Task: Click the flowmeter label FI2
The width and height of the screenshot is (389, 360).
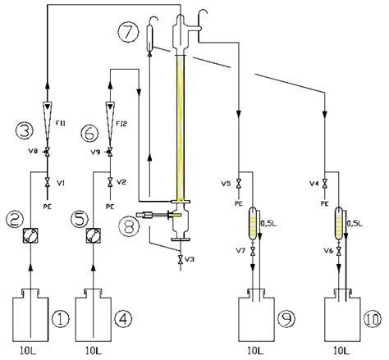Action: pyautogui.click(x=122, y=123)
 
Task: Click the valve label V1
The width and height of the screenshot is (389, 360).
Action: pyautogui.click(x=62, y=182)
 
